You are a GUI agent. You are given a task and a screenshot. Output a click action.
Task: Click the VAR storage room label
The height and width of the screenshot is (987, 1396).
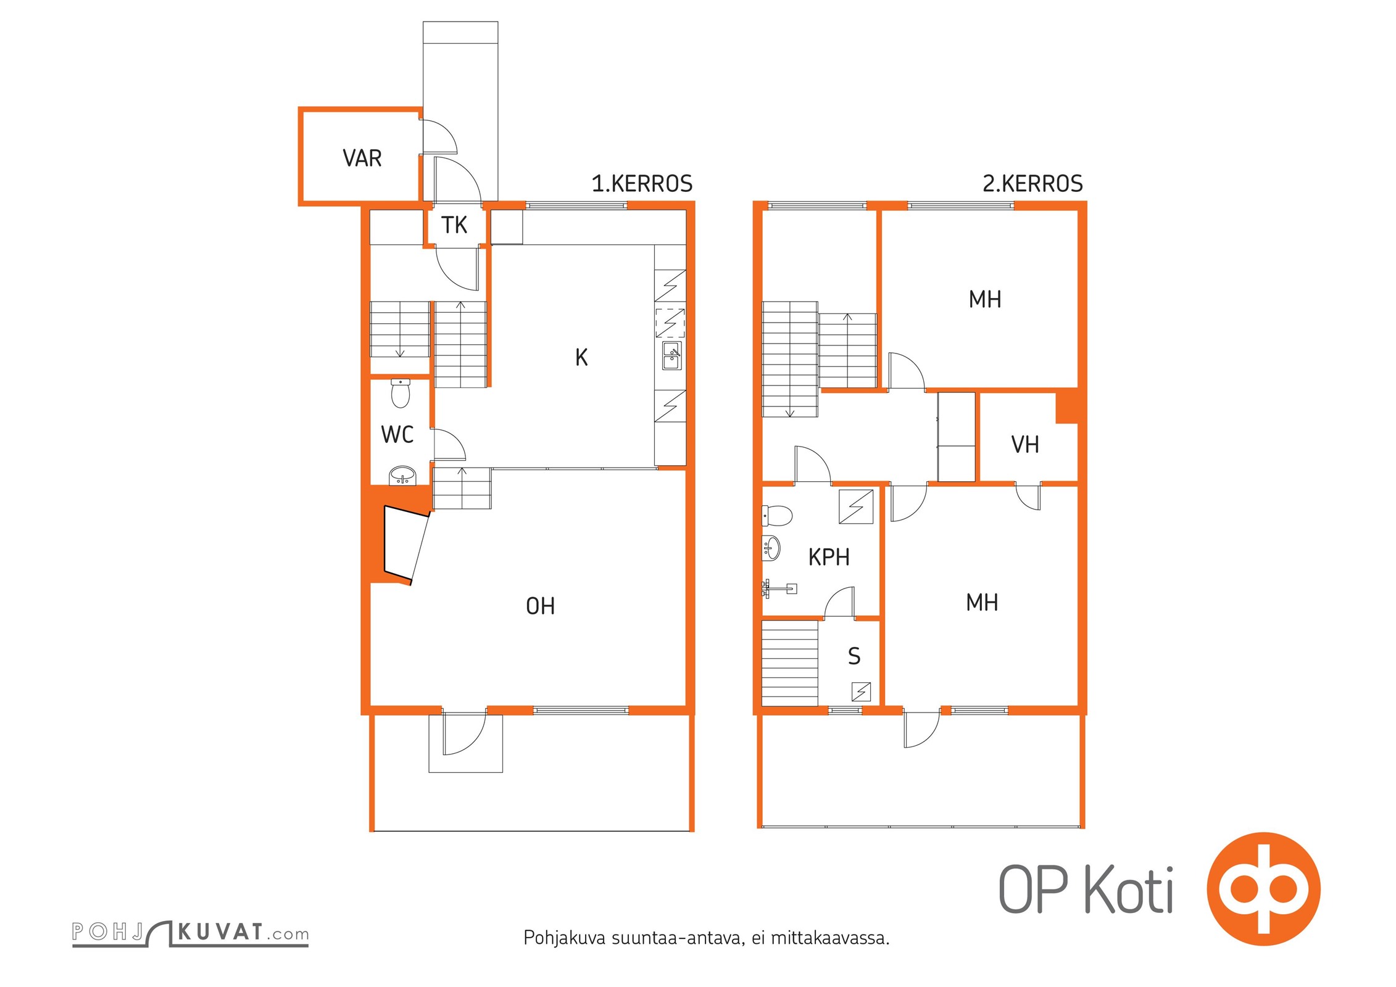click(362, 159)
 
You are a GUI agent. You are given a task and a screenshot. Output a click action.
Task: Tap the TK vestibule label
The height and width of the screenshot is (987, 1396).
click(454, 225)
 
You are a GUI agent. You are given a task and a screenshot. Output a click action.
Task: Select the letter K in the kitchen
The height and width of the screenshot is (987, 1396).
click(581, 357)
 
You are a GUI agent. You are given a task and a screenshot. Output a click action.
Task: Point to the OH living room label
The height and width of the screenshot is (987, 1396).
click(540, 606)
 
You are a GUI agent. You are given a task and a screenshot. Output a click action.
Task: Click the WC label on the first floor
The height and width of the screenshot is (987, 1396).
click(397, 435)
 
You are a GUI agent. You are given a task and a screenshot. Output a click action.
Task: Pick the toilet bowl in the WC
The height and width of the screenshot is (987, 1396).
click(401, 394)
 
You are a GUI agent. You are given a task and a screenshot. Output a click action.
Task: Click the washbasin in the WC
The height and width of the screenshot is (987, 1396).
click(402, 476)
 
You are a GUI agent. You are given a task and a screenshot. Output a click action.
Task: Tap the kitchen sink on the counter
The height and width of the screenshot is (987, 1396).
click(672, 356)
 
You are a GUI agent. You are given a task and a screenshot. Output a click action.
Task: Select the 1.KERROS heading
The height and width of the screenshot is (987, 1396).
click(642, 184)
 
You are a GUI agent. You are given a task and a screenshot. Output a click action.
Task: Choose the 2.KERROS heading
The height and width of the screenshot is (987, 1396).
click(1032, 184)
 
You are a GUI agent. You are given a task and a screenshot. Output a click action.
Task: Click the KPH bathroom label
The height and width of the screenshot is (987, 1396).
click(829, 558)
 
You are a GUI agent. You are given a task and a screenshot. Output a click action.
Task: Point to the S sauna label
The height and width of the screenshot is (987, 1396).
click(854, 656)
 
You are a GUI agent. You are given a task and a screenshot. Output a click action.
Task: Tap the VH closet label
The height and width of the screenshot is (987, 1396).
click(1025, 445)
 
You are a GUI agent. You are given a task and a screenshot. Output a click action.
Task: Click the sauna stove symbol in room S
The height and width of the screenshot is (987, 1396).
click(861, 692)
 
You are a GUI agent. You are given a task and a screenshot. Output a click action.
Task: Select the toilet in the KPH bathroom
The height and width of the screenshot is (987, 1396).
click(777, 515)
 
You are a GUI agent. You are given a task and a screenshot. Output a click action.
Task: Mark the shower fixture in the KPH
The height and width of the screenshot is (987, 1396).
click(779, 588)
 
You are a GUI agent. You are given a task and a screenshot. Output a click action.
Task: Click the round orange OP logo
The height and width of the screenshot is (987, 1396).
click(1263, 890)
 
